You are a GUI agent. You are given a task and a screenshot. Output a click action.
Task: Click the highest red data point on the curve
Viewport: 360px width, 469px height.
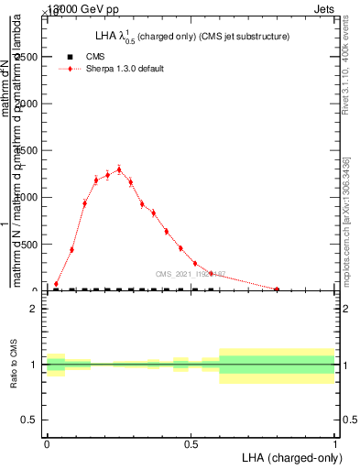[119, 169]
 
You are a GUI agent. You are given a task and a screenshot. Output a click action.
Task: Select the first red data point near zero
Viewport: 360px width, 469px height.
[56, 284]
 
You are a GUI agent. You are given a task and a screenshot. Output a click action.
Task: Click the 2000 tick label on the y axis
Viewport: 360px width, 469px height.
[27, 104]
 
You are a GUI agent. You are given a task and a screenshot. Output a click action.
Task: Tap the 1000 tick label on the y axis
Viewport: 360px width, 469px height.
[27, 197]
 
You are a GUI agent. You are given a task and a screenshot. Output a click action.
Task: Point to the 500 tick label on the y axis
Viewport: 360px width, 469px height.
[30, 244]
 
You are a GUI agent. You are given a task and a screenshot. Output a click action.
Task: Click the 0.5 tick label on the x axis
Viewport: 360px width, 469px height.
[191, 444]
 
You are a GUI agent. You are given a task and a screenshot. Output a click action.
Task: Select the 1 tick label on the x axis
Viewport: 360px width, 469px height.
[334, 444]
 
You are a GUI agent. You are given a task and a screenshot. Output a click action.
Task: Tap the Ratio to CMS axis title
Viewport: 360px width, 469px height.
[14, 365]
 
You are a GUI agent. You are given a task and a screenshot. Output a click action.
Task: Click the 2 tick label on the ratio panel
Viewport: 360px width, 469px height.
[34, 309]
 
